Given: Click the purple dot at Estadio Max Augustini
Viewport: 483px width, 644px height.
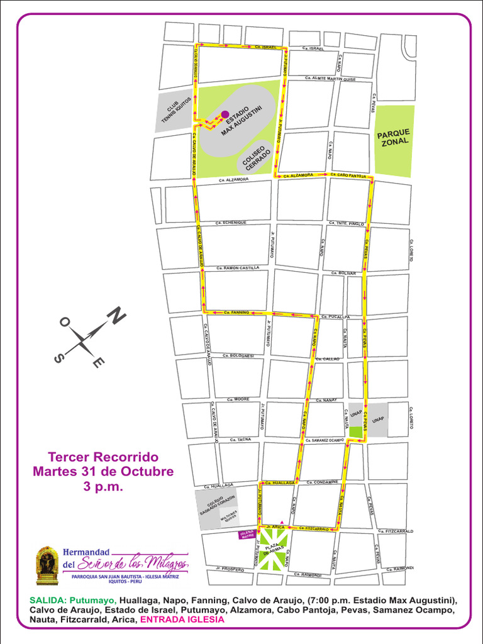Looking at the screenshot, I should point(225,114).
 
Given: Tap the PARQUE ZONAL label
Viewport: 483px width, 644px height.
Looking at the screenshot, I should point(394,138).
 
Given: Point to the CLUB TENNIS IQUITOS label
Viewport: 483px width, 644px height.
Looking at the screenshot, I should point(175,111).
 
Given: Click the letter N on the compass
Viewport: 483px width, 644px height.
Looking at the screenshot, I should point(116,316).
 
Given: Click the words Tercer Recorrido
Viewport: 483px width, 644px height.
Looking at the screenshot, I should point(104,457).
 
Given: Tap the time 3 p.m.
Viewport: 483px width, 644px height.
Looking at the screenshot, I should point(103,487).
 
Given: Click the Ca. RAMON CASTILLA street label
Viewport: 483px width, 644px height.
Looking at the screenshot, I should point(238,268).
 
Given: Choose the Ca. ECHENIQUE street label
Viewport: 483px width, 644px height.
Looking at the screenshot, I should point(231,223).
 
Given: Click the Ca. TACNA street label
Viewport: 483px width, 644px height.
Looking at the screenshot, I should point(241,440).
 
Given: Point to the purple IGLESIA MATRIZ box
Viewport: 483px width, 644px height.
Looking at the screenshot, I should point(245,535).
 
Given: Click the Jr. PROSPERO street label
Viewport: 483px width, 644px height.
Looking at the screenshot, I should point(230,569).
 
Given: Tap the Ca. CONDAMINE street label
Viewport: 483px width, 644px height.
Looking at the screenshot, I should point(323,482).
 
